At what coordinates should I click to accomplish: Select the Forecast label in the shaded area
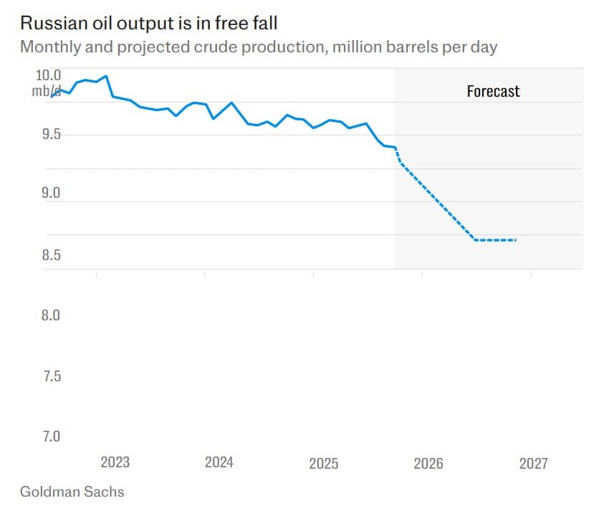[x=493, y=91]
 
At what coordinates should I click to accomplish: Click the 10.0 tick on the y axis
[x=47, y=75]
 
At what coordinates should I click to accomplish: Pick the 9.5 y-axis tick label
[x=47, y=135]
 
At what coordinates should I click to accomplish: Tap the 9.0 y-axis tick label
[x=47, y=194]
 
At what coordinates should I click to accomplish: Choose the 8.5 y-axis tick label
[x=47, y=255]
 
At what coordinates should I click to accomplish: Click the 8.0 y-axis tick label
[x=47, y=315]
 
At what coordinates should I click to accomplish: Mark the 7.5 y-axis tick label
[x=47, y=376]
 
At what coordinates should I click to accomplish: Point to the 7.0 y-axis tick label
[x=47, y=436]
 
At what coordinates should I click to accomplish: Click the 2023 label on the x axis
[x=115, y=462]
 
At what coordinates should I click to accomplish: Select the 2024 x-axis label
[x=219, y=462]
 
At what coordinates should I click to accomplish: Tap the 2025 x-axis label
[x=324, y=463]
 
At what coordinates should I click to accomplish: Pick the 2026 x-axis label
[x=428, y=463]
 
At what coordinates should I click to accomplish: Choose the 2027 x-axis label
[x=533, y=463]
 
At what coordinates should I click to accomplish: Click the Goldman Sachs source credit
[x=72, y=492]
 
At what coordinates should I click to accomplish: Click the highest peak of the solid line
[x=106, y=75]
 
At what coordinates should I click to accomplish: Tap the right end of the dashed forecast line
[x=516, y=239]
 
